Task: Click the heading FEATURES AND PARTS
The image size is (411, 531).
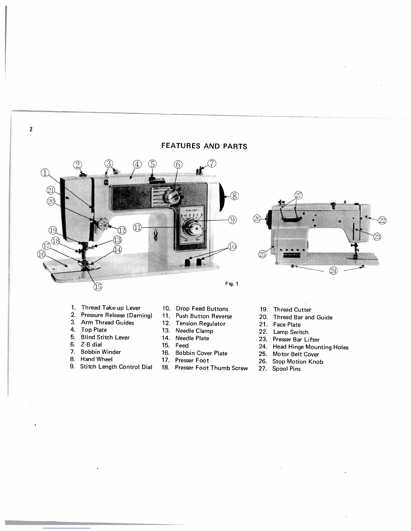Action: [x=204, y=146]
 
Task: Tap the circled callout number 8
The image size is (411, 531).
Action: [x=235, y=196]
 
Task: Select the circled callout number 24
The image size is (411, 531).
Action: [x=333, y=271]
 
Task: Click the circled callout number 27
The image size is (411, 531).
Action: [x=298, y=195]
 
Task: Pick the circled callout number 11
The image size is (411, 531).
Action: [x=138, y=227]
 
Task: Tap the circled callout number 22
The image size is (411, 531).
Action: [x=382, y=220]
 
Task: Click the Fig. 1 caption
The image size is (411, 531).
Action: [x=232, y=284]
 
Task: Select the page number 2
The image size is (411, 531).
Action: [x=31, y=129]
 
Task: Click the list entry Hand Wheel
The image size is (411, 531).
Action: [x=96, y=359]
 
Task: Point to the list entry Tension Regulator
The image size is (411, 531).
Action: [x=200, y=323]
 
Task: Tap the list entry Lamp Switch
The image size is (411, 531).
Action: [x=291, y=332]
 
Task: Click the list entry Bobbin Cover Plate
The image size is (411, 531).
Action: [x=201, y=353]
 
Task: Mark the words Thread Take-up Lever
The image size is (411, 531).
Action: [x=111, y=308]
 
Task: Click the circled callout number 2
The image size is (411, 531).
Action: [x=78, y=165]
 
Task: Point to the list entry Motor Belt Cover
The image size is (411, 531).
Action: [x=295, y=354]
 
